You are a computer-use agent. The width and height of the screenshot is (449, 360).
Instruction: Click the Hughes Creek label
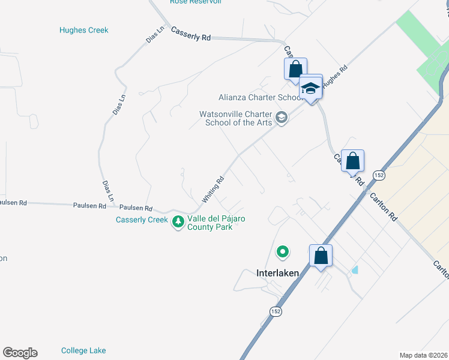tap(84, 30)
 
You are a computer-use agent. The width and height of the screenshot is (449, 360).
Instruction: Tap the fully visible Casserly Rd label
tap(191, 34)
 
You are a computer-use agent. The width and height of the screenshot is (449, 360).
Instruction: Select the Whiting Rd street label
tap(213, 188)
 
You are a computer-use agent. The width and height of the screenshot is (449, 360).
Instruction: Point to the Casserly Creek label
tap(142, 220)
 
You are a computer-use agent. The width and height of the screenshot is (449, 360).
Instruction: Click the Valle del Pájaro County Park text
tap(217, 223)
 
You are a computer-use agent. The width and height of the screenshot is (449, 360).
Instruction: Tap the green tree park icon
tap(178, 222)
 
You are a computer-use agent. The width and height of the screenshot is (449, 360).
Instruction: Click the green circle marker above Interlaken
tap(282, 252)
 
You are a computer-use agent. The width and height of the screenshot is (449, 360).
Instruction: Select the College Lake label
tap(83, 350)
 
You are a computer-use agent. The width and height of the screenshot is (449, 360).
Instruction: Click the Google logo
tap(20, 353)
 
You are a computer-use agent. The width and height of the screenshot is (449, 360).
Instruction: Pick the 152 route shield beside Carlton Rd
tap(378, 175)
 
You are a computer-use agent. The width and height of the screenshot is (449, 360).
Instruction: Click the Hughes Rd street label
tap(335, 77)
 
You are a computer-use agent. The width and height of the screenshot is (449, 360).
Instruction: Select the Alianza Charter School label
tap(260, 97)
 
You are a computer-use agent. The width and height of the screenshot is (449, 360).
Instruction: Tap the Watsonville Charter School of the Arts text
tap(238, 118)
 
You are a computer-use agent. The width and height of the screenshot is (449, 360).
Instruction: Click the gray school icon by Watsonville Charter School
tap(282, 118)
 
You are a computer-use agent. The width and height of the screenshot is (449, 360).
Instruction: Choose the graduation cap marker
tap(310, 88)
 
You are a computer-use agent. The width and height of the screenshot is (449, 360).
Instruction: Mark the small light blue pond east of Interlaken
tap(355, 270)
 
